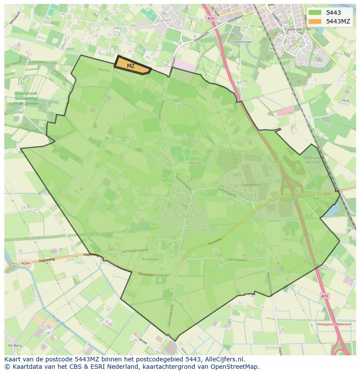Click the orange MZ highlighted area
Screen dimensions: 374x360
coord(132,65)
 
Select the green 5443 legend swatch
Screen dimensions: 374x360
coord(316,13)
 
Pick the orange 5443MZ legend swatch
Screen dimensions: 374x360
coord(316,21)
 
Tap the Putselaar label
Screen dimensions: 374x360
coord(150,258)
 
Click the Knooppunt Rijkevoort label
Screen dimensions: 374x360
coord(334,324)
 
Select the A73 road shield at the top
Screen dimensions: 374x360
coord(211,19)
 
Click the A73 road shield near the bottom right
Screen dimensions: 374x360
coord(325,296)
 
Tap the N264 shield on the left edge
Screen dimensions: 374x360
coord(26,263)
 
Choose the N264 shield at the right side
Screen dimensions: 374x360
coord(327,194)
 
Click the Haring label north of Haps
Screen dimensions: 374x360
coord(195,163)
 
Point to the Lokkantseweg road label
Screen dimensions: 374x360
coord(236,260)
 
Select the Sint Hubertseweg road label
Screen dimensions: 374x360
coord(135,250)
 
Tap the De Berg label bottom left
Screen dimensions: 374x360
coord(15,345)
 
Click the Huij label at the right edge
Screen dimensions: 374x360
coord(346,100)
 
